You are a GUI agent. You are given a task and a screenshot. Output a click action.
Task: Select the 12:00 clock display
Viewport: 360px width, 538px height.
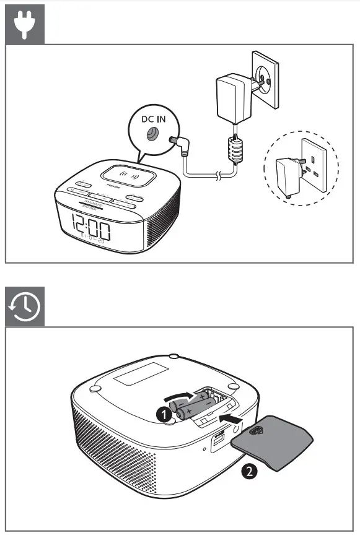91,227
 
